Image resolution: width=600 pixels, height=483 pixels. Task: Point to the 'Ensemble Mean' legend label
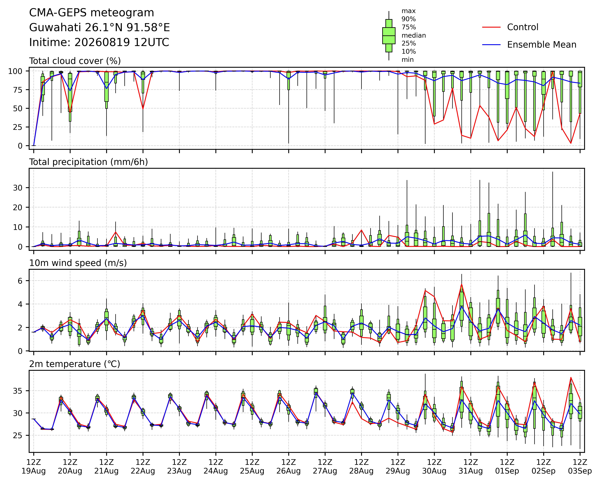(x=542, y=45)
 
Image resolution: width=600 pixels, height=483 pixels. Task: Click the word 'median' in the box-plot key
(x=414, y=35)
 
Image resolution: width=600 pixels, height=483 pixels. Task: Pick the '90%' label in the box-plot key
(x=409, y=19)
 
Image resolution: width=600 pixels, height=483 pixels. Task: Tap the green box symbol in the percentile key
(x=389, y=36)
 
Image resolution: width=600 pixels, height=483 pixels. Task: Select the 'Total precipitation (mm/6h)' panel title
(x=88, y=162)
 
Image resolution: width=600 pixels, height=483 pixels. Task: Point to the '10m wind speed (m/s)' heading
(x=78, y=263)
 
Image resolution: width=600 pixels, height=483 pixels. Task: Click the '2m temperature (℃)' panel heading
(x=75, y=364)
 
